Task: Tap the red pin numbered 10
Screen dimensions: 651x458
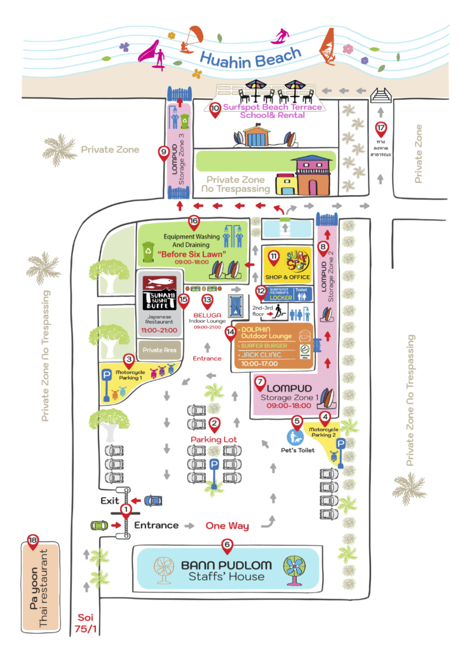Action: [x=215, y=107]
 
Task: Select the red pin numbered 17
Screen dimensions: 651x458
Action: [x=381, y=127]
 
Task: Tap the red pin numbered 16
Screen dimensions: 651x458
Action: [x=194, y=221]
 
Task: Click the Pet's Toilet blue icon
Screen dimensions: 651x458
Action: [x=295, y=437]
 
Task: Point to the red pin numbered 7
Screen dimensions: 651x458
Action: [x=260, y=383]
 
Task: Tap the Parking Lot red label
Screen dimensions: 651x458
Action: [x=215, y=439]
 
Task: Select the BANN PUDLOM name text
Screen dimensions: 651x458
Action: [x=226, y=565]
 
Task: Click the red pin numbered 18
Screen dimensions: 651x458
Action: [x=32, y=542]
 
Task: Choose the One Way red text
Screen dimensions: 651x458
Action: [x=227, y=526]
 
